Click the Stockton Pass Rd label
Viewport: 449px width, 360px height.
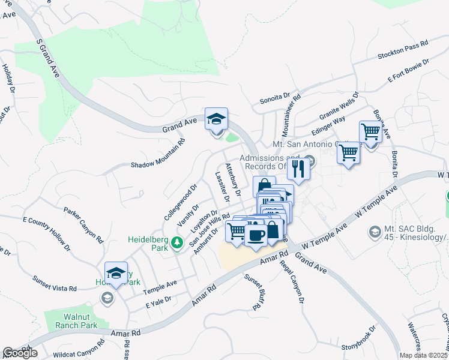pos(402,50)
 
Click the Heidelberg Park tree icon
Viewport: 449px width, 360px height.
pos(176,242)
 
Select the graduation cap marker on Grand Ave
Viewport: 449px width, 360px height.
pos(216,118)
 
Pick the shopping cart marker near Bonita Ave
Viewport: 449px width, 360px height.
pos(370,131)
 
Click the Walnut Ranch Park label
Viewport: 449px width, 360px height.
pos(80,321)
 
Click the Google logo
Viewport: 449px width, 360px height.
pos(20,353)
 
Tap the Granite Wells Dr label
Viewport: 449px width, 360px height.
pos(339,106)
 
